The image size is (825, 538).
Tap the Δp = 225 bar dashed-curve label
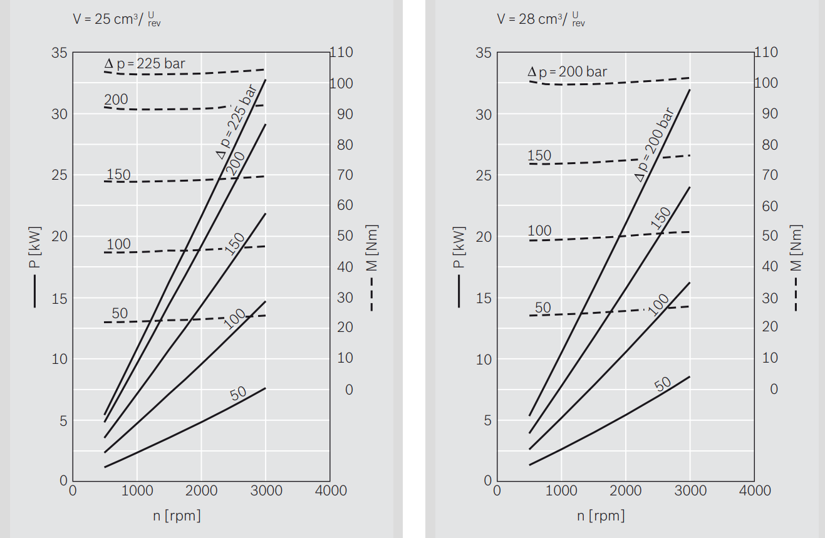(x=144, y=63)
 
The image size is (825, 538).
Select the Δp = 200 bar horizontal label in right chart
(x=568, y=72)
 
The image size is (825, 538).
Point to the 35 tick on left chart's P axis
(x=60, y=53)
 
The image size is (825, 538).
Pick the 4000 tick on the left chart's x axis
(x=330, y=490)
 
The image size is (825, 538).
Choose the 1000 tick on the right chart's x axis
(x=562, y=490)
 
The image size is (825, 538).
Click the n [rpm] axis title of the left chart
(x=177, y=515)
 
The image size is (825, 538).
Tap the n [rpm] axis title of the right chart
(x=601, y=515)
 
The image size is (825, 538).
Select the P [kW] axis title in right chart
(x=459, y=248)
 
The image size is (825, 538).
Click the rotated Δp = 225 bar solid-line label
(x=236, y=121)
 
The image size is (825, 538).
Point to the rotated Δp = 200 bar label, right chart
(x=654, y=145)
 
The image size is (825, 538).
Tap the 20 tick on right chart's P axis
(x=484, y=236)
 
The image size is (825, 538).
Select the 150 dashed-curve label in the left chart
(x=118, y=174)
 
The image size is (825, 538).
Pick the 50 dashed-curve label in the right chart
(x=543, y=308)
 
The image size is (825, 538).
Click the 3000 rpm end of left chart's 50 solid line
(x=266, y=388)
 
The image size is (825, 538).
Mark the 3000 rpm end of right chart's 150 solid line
(x=690, y=187)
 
